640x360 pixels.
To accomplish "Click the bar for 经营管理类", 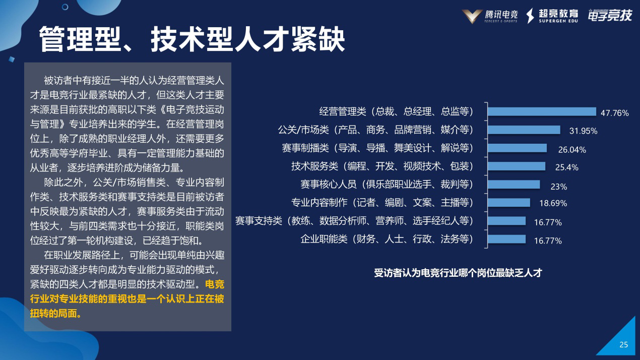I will [542, 111].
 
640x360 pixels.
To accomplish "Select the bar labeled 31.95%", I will [524, 130].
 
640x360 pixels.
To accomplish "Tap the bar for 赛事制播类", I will [517, 148].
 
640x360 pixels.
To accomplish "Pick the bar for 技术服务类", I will [517, 166].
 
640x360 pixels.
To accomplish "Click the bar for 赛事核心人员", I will [514, 184].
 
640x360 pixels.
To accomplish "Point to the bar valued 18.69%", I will [509, 202].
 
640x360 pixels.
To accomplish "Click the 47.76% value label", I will [614, 113].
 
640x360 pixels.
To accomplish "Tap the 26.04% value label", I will [572, 149].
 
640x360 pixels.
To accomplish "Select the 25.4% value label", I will [566, 167].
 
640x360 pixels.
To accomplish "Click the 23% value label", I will [559, 186].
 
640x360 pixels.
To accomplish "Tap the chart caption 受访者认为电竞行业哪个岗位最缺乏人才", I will [458, 273].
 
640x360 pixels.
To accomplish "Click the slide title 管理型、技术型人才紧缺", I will [192, 39].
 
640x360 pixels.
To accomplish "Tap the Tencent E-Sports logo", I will [486, 16].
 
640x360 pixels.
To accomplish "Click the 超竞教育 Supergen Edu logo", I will [553, 16].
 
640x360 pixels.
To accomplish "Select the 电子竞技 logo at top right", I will [609, 16].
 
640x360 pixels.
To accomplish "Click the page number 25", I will [623, 345].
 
